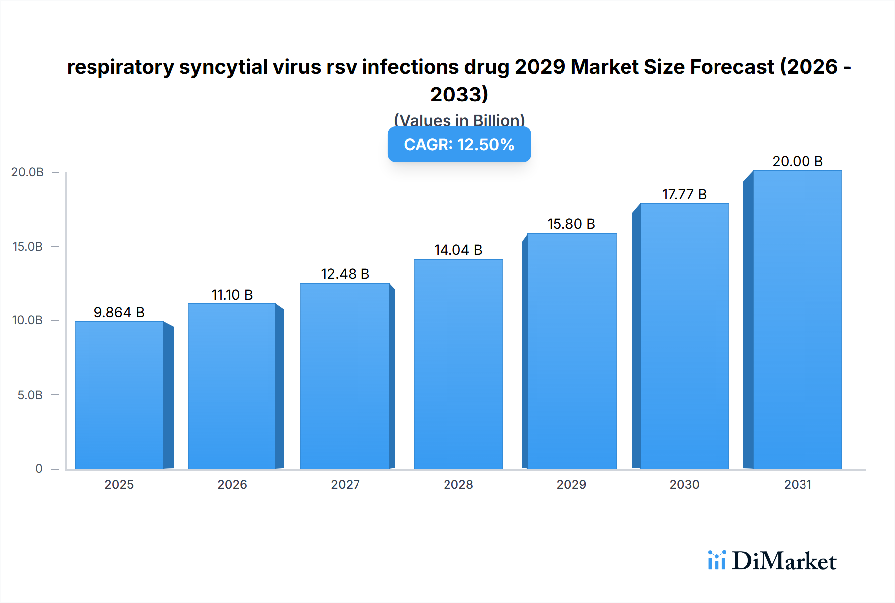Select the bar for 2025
tap(119, 396)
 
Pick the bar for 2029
tap(572, 351)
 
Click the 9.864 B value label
tap(119, 312)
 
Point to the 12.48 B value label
tap(345, 274)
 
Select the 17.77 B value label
tap(684, 194)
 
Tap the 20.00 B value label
tap(798, 161)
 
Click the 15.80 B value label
tap(571, 224)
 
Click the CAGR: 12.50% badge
tap(459, 144)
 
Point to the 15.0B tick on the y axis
tap(28, 246)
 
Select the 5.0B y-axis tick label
tap(30, 395)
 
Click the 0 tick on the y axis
tap(39, 468)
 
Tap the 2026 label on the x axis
tap(232, 484)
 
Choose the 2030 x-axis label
tap(684, 484)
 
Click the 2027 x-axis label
tap(345, 484)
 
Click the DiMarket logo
tap(772, 561)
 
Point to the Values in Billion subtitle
tap(459, 120)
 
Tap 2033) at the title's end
tap(459, 94)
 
